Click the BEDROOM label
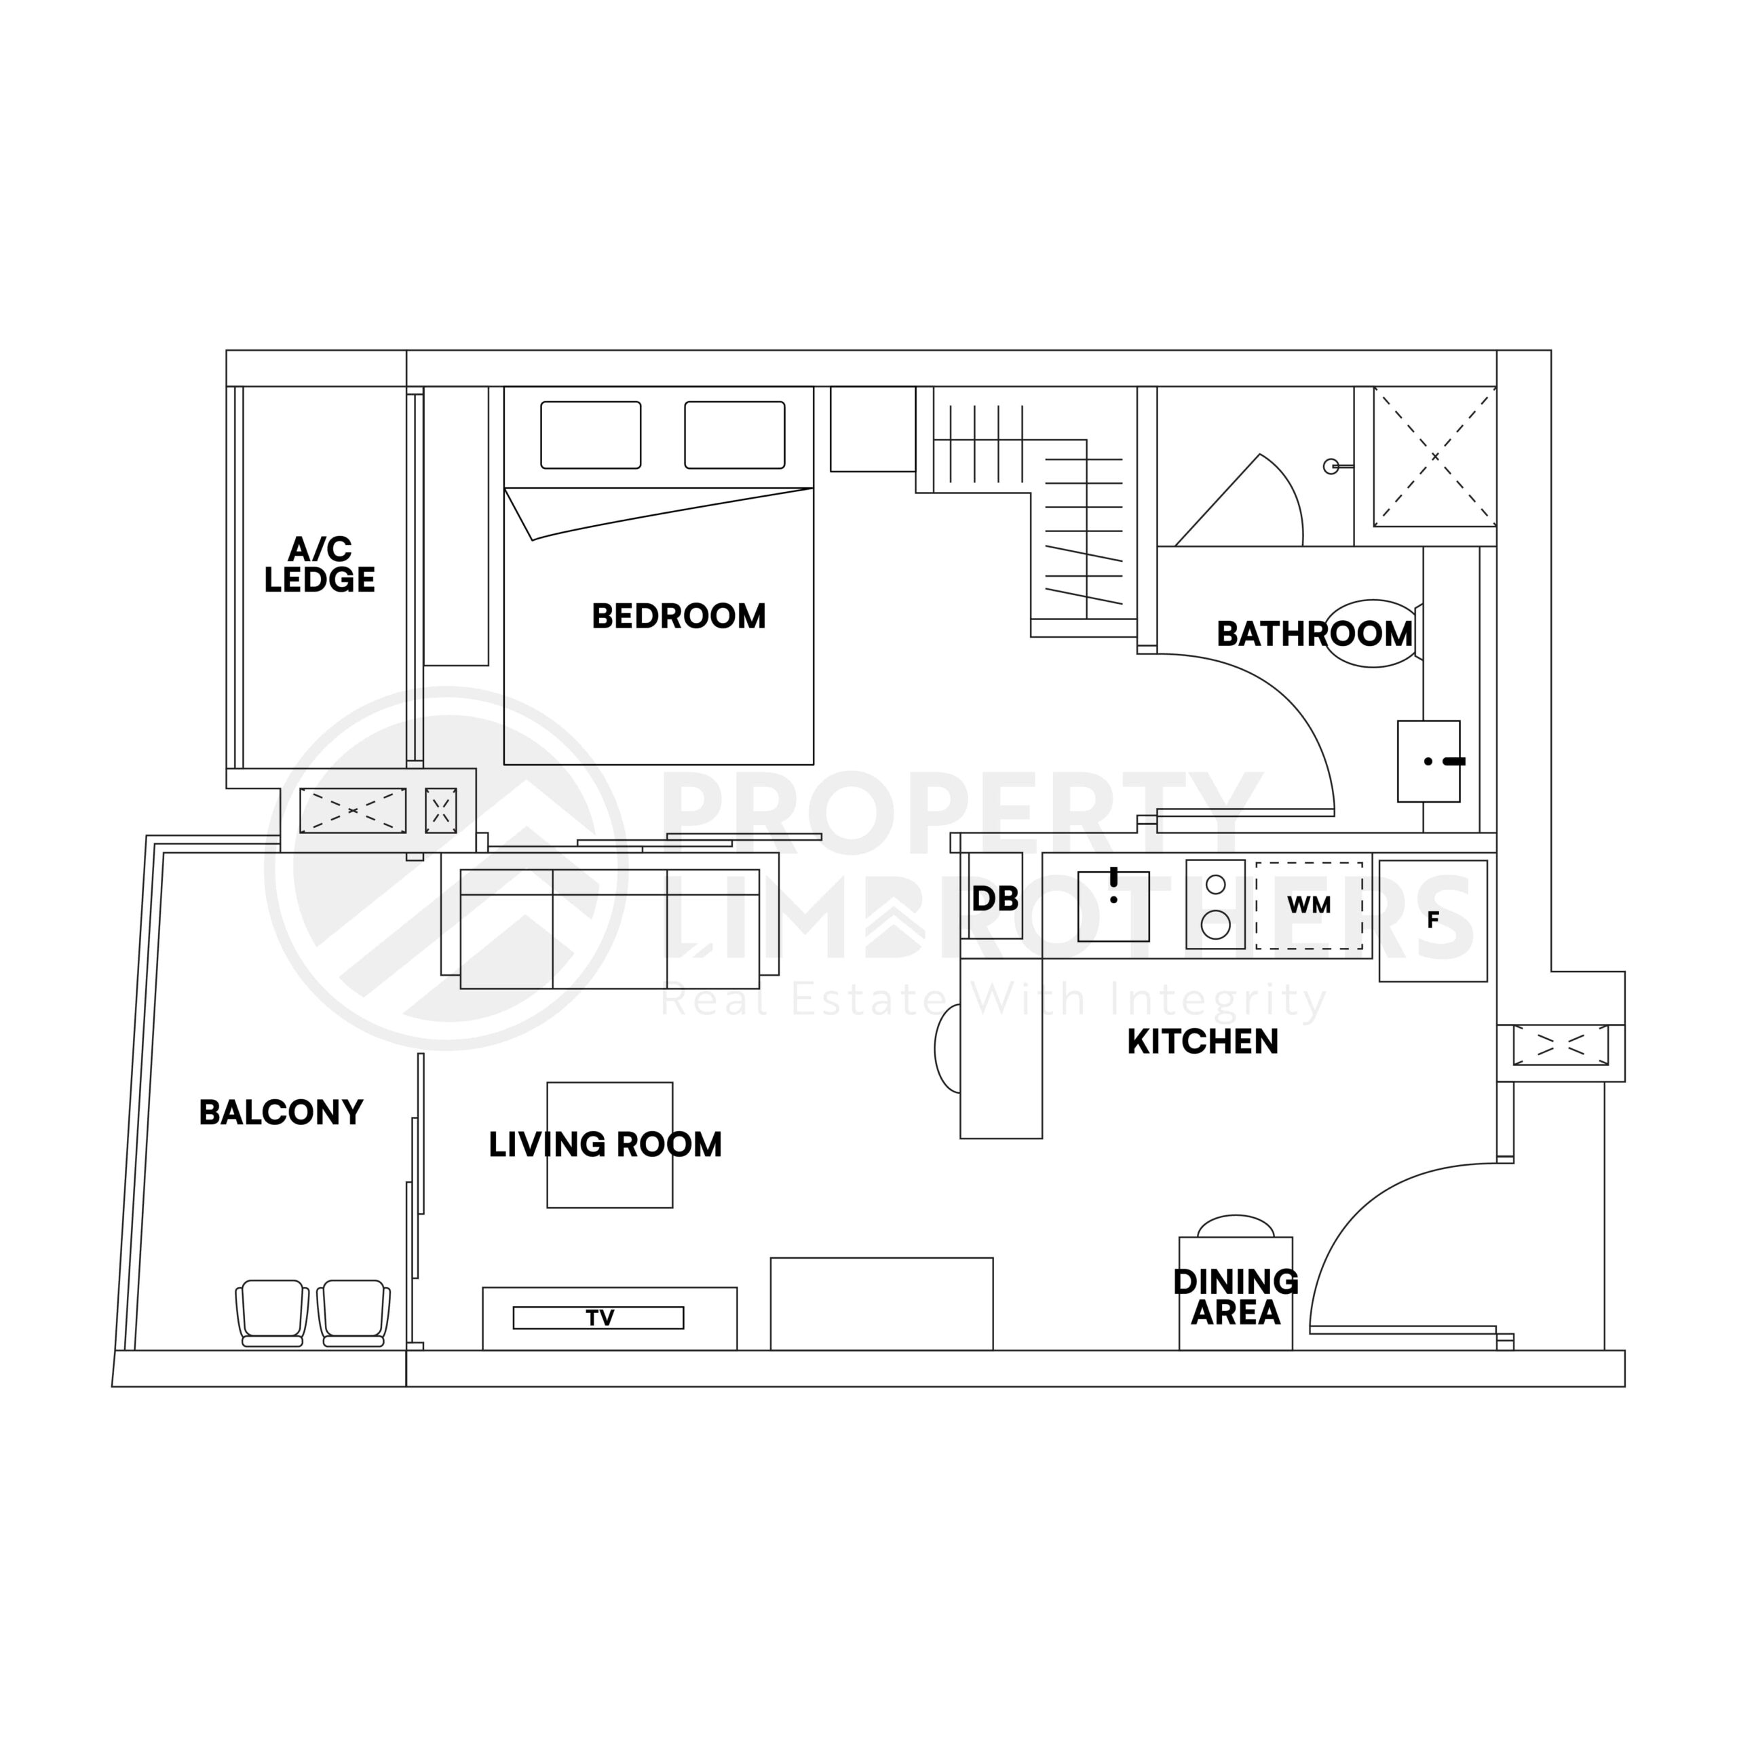point(678,617)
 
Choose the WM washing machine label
point(1308,904)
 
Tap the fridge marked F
point(1432,920)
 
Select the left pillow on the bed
point(591,435)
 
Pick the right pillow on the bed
point(735,435)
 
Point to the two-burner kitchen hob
point(1215,904)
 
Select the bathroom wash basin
point(1428,761)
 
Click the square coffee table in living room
point(609,1145)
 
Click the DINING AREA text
point(1236,1297)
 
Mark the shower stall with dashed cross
point(1434,457)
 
